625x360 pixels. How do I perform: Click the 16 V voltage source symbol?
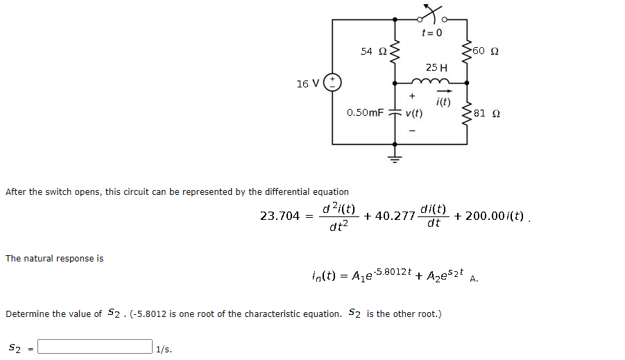333,83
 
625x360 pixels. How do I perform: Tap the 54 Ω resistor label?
374,51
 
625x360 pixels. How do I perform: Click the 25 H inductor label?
436,67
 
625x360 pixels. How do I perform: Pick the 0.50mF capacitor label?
365,112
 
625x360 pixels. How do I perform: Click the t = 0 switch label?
432,33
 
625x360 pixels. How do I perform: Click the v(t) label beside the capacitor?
415,113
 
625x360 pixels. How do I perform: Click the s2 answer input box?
95,346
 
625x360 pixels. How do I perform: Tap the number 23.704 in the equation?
280,216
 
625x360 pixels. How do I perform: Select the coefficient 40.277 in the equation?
394,216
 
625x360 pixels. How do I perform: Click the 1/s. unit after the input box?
164,349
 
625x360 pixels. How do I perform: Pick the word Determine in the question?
28,314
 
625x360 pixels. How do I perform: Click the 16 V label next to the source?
307,84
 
